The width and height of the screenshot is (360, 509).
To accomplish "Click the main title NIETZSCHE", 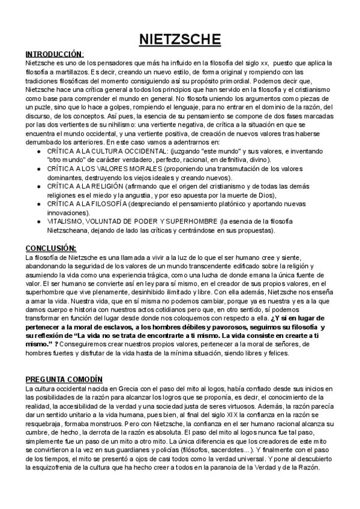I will (180, 40).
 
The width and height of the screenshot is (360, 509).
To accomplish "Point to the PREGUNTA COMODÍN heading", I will (64, 380).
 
